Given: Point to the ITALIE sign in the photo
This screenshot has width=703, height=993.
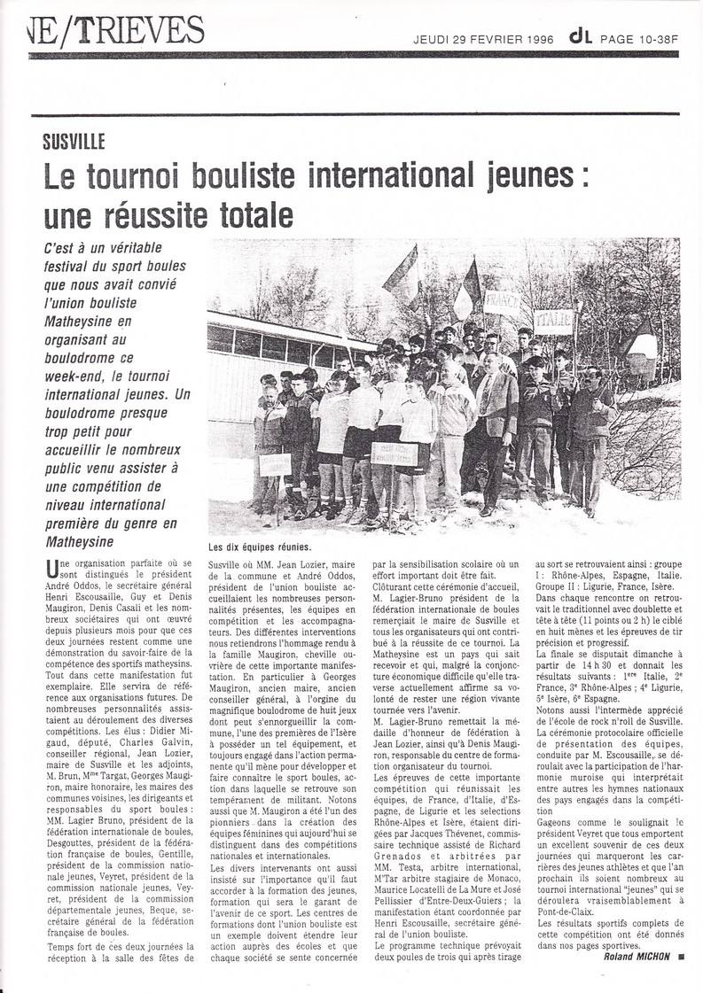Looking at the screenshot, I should [552, 321].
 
